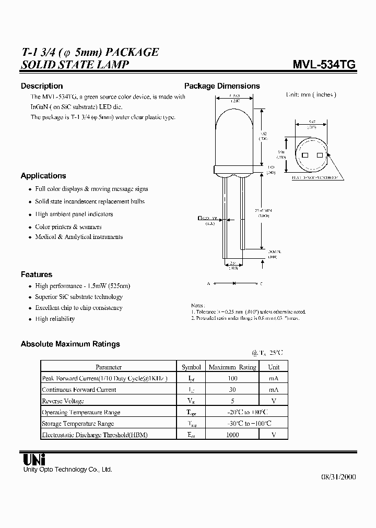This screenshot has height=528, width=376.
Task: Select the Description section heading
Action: tap(42, 86)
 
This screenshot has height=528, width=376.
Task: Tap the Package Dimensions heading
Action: tap(222, 86)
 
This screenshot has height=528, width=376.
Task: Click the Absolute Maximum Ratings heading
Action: tap(70, 344)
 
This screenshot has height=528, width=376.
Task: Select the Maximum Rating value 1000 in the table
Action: tap(232, 435)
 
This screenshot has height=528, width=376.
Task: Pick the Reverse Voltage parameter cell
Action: tap(63, 401)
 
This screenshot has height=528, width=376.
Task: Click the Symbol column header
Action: tap(191, 367)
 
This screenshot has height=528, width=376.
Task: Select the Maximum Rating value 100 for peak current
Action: tap(232, 378)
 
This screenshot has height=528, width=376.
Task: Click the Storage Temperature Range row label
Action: tap(77, 424)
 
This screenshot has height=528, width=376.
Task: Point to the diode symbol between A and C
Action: tap(234, 283)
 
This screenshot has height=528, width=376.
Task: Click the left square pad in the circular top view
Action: tap(305, 156)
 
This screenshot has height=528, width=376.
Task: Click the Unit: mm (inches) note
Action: tap(311, 94)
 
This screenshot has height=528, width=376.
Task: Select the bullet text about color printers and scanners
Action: tap(68, 227)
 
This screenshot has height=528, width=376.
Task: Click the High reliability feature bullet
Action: tap(54, 319)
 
